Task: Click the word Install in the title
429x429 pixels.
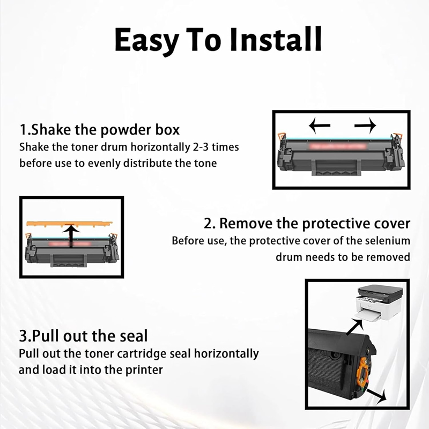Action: (276, 39)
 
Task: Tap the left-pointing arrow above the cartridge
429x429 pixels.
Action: (320, 125)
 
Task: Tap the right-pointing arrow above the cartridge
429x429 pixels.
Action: (365, 125)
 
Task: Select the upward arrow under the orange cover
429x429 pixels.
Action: (71, 235)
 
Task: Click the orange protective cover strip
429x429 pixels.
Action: (70, 224)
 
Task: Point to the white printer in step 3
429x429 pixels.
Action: (379, 303)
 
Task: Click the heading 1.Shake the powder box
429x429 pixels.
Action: (100, 130)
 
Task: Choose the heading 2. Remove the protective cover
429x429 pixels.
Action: (307, 224)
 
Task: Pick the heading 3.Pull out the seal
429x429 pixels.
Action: (83, 336)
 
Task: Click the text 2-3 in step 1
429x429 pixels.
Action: (201, 147)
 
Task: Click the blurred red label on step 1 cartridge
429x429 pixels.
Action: (338, 146)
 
